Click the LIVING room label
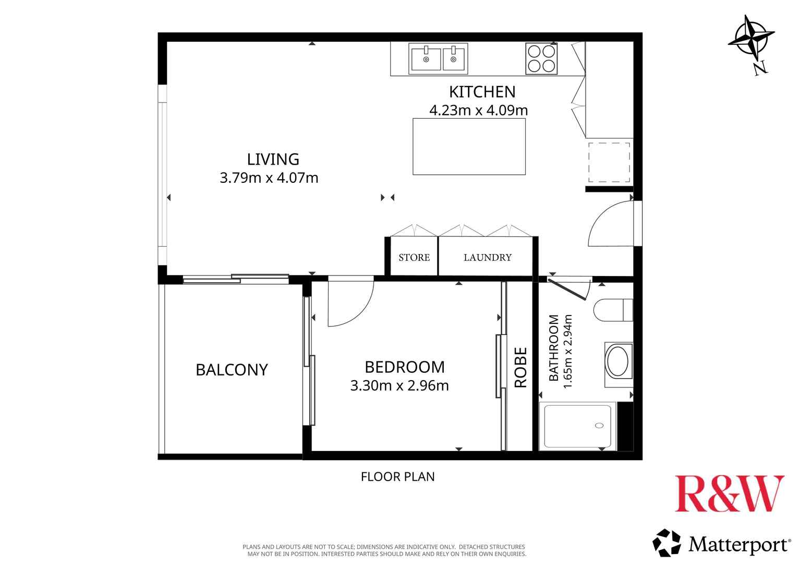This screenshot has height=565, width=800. click(273, 159)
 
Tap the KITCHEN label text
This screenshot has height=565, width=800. click(482, 92)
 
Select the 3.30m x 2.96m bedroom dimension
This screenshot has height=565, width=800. click(399, 385)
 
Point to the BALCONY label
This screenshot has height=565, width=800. click(232, 370)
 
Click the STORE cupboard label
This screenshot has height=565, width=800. click(414, 258)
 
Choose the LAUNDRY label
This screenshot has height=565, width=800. click(488, 258)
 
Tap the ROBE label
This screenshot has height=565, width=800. click(520, 368)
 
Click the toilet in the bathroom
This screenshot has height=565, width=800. click(613, 310)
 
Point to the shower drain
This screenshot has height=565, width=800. click(599, 425)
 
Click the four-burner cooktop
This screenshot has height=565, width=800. click(541, 59)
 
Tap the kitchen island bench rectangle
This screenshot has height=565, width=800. click(469, 147)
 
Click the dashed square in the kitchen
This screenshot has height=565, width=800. click(609, 162)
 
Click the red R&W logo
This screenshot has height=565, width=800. click(730, 493)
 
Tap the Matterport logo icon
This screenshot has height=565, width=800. click(666, 543)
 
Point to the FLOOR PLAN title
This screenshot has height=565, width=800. click(397, 477)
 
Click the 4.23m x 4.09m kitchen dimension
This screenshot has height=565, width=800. click(479, 110)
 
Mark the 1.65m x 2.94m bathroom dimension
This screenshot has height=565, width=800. click(567, 351)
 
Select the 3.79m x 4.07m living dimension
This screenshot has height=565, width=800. click(269, 178)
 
